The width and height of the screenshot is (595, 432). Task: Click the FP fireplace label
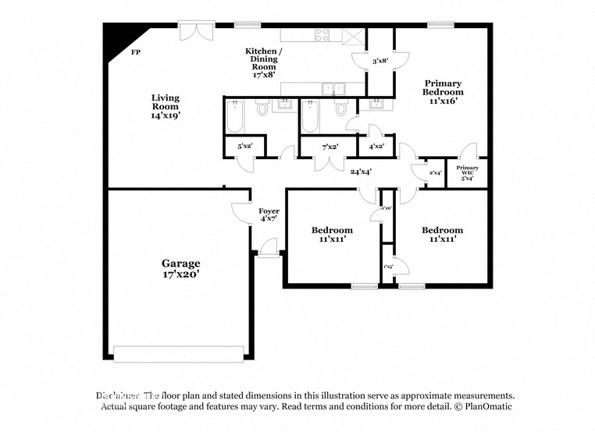[136, 52]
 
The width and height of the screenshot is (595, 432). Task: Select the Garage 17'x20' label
[181, 269]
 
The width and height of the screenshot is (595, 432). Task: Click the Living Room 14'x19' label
[166, 106]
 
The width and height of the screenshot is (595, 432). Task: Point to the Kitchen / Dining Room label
[265, 59]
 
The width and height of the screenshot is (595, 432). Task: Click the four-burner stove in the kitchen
[322, 34]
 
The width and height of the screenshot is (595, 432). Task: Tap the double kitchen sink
[332, 89]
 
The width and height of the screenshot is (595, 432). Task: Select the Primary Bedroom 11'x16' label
[443, 91]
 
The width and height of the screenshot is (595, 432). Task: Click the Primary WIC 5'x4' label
[468, 173]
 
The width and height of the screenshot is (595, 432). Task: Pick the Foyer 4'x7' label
[269, 214]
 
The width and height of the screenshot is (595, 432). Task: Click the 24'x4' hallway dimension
[360, 172]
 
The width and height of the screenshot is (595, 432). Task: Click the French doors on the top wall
[191, 30]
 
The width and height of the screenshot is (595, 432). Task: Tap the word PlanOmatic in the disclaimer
[486, 407]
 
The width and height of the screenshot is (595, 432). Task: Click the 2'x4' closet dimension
[436, 172]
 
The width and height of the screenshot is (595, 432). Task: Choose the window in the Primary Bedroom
[441, 26]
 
